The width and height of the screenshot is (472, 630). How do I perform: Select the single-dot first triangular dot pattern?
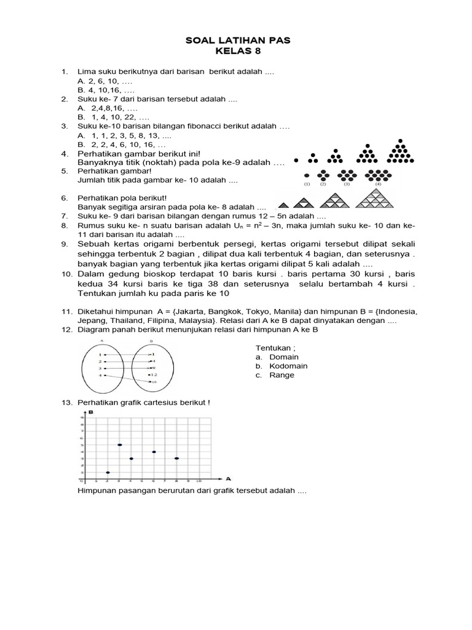(x=297, y=160)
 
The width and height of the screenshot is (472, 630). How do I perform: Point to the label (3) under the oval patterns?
(x=347, y=183)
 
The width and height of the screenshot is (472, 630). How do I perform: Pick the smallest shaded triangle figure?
(x=284, y=204)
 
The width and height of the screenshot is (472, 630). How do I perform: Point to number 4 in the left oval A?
(x=100, y=375)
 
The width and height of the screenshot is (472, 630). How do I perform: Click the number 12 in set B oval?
(x=153, y=375)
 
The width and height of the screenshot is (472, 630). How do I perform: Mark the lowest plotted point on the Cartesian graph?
(x=108, y=472)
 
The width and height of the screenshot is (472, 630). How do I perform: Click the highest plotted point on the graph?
(x=120, y=445)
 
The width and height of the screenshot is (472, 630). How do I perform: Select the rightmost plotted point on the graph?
(x=177, y=458)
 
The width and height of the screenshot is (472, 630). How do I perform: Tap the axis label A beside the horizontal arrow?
(x=228, y=478)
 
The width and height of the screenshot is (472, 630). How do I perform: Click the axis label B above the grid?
(x=92, y=412)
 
